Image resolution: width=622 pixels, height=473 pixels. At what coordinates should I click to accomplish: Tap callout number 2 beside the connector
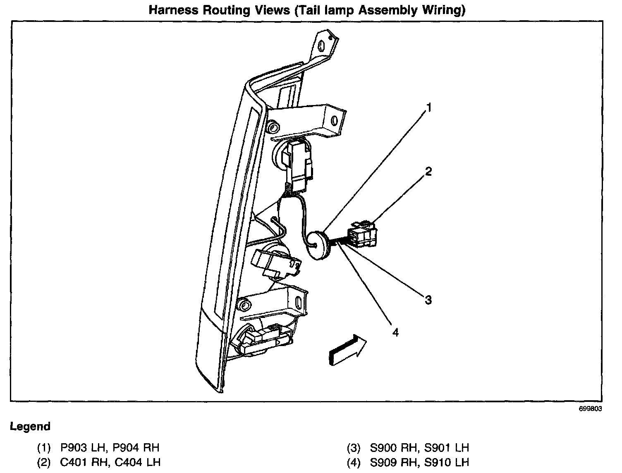coord(428,171)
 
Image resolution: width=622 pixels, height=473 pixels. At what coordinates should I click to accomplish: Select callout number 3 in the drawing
coord(428,300)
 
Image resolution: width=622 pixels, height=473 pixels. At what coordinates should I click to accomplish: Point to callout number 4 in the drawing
coord(396,332)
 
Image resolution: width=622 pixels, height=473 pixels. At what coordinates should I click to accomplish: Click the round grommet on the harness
coord(317,246)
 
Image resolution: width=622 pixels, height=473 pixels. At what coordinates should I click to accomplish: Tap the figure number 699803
coord(590,408)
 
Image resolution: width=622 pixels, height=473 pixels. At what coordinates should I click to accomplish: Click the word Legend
coord(30,426)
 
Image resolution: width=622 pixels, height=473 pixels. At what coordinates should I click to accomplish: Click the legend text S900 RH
coord(385,447)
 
